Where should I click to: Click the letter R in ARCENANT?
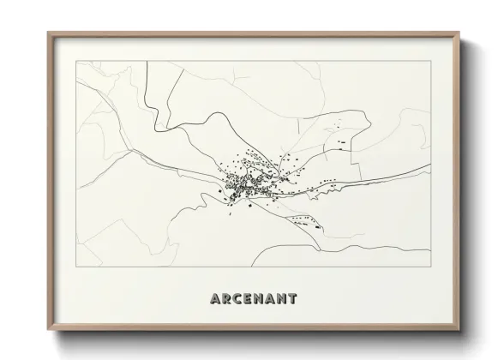pyautogui.click(x=226, y=299)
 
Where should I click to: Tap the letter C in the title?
pyautogui.click(x=237, y=299)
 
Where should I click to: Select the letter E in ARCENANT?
pyautogui.click(x=249, y=299)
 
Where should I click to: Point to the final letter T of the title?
pyautogui.click(x=292, y=299)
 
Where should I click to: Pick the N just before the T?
pyautogui.click(x=281, y=299)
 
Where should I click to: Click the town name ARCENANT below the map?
pyautogui.click(x=253, y=299)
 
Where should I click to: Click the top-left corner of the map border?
pyautogui.click(x=76, y=61)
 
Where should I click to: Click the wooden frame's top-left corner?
pyautogui.click(x=47, y=33)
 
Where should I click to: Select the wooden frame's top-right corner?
pyautogui.click(x=461, y=33)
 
